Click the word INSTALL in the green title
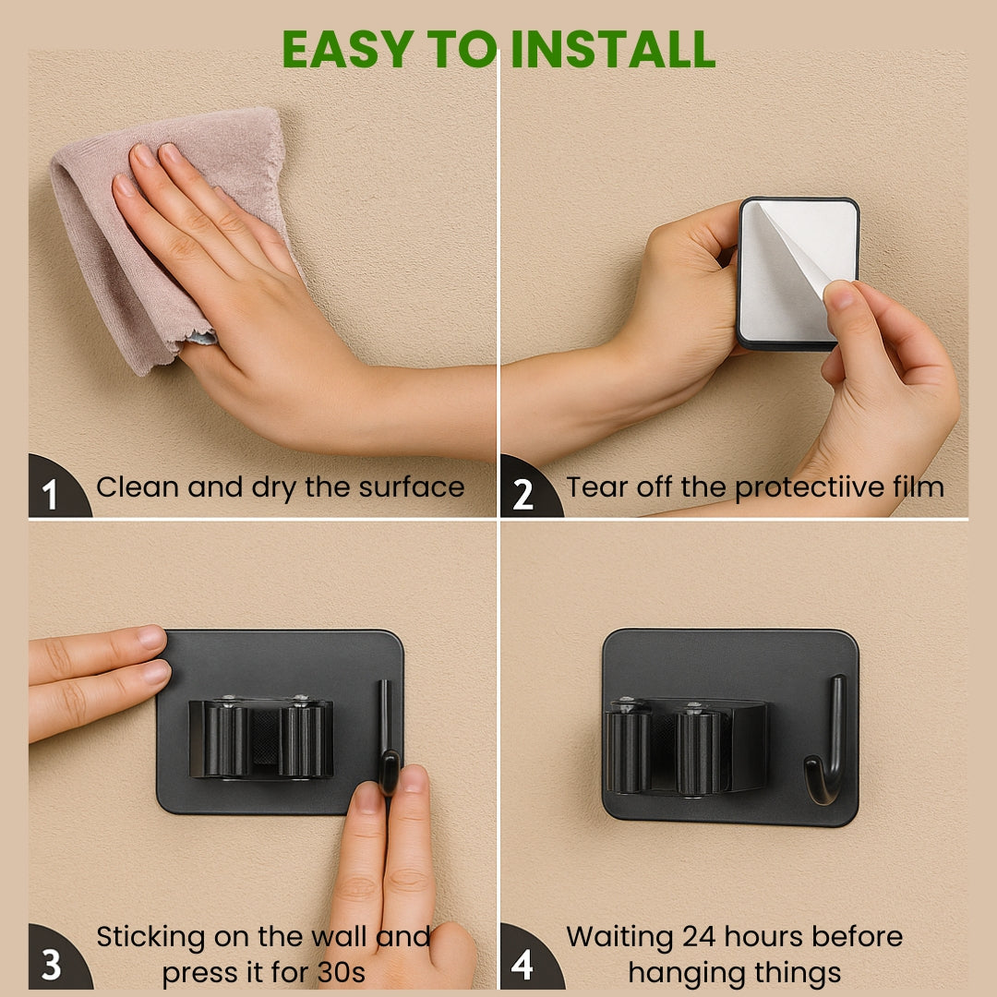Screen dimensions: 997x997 (x=613, y=49)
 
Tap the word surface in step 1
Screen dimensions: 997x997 (x=412, y=487)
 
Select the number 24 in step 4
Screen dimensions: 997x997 (x=700, y=937)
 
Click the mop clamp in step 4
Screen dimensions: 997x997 (x=687, y=746)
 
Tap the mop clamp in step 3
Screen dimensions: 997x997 (x=260, y=738)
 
